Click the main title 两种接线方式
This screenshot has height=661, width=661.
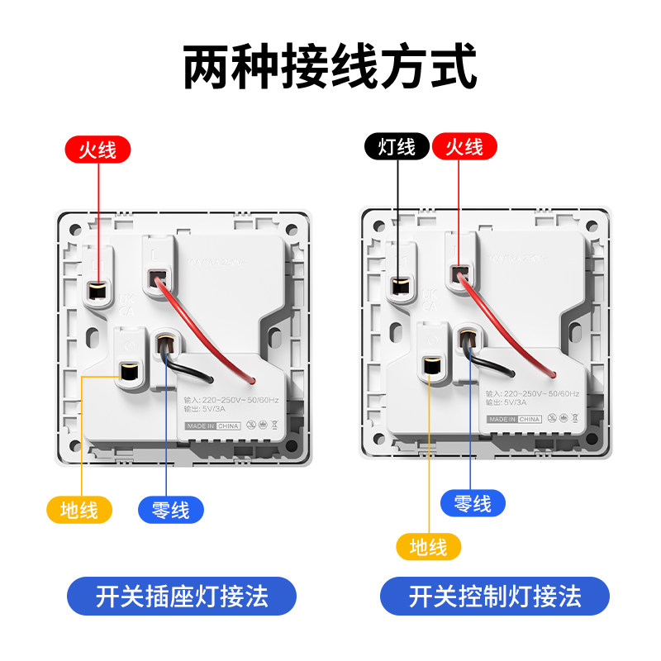click(330, 68)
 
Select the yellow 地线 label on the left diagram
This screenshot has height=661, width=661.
click(79, 510)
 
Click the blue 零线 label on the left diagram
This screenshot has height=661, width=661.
click(171, 510)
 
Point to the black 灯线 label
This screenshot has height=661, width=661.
click(397, 147)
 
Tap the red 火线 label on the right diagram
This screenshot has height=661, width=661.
click(464, 147)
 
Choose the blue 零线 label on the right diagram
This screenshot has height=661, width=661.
click(473, 503)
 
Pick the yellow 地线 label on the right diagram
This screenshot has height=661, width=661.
click(428, 546)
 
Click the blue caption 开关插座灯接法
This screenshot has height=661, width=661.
click(182, 597)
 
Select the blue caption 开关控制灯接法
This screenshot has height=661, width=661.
click(495, 597)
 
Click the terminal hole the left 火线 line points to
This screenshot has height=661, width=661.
click(97, 290)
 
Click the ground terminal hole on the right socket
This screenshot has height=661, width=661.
click(430, 365)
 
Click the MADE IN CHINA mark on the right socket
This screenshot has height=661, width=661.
click(514, 419)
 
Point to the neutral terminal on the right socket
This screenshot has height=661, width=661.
click(468, 340)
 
